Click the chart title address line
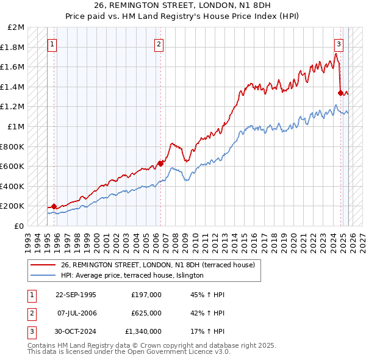click(x=183, y=7)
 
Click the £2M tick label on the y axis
click(x=16, y=28)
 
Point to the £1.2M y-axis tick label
click(x=13, y=107)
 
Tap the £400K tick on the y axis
click(x=13, y=186)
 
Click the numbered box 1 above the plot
click(x=52, y=44)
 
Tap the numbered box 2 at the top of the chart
click(x=159, y=44)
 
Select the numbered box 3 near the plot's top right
click(x=339, y=44)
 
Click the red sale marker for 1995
click(x=54, y=206)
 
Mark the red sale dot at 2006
click(x=160, y=164)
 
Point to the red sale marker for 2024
click(x=340, y=93)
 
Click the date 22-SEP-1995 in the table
click(x=76, y=295)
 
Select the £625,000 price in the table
click(x=146, y=313)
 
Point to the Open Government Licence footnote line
click(x=129, y=353)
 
